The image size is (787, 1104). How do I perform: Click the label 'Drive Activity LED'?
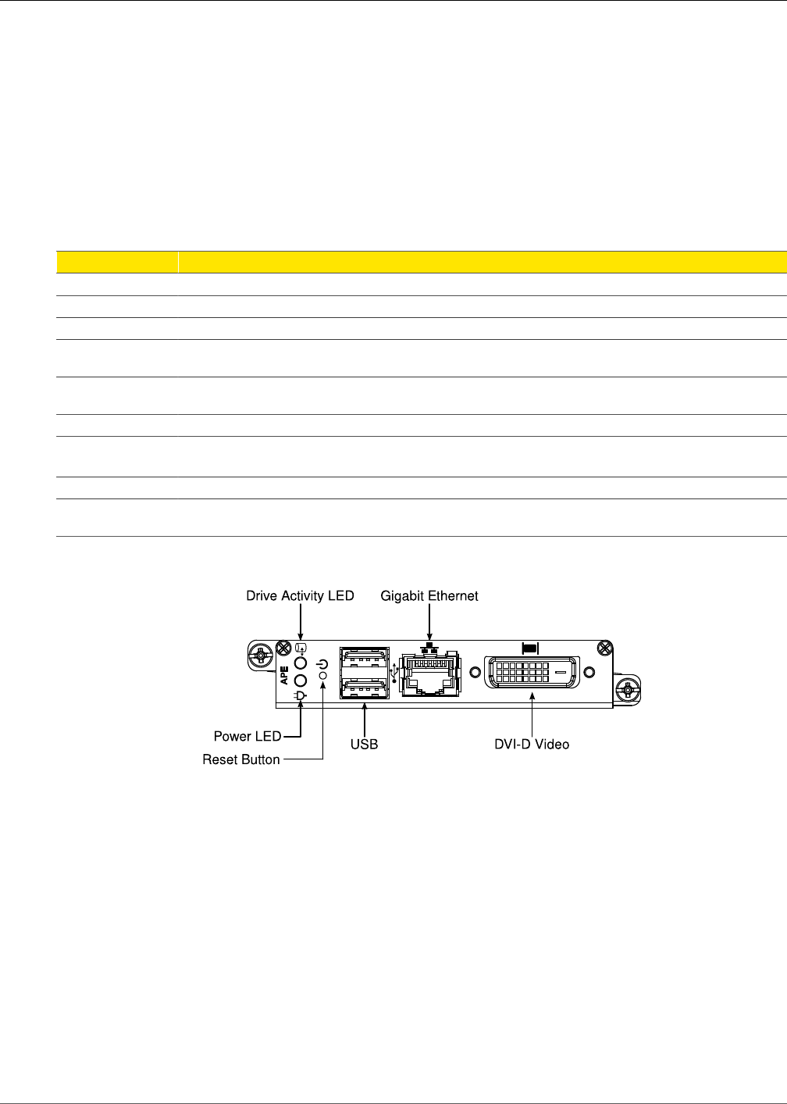pyautogui.click(x=300, y=596)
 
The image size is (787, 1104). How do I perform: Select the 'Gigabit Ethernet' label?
pyautogui.click(x=429, y=596)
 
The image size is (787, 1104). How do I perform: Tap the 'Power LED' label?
pyautogui.click(x=247, y=736)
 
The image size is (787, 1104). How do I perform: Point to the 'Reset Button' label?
pyautogui.click(x=241, y=759)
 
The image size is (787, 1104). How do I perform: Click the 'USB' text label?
pyautogui.click(x=364, y=745)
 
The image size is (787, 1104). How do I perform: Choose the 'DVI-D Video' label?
pyautogui.click(x=532, y=745)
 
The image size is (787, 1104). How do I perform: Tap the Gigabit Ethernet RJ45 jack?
pyautogui.click(x=429, y=674)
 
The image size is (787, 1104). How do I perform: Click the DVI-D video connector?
pyautogui.click(x=532, y=672)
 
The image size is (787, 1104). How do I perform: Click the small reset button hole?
pyautogui.click(x=323, y=674)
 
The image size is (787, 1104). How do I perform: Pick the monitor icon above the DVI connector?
pyautogui.click(x=530, y=648)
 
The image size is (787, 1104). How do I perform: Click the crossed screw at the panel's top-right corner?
pyautogui.click(x=603, y=647)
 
